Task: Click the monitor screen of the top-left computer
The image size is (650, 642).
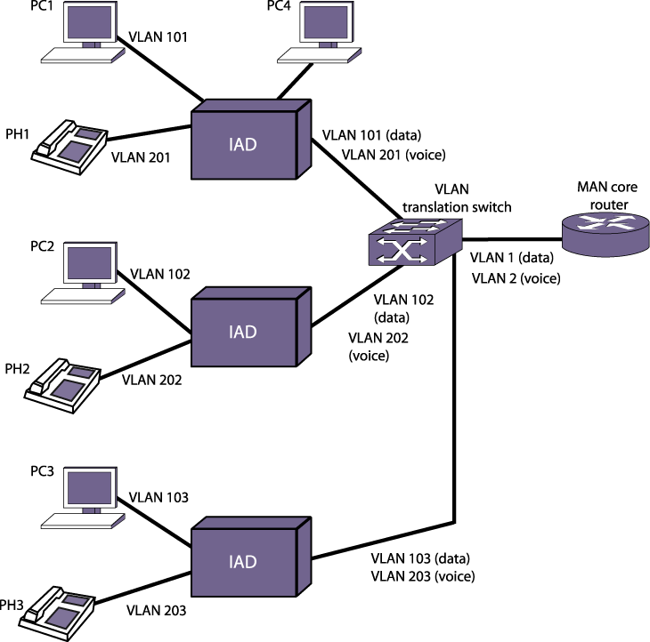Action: (x=90, y=21)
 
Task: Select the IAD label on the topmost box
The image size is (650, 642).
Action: (x=243, y=144)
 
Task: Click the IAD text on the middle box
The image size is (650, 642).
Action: (x=243, y=332)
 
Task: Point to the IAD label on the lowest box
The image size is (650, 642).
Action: (x=243, y=562)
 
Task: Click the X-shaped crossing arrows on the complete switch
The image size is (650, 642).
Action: (x=402, y=251)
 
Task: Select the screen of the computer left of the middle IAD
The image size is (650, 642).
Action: (x=90, y=262)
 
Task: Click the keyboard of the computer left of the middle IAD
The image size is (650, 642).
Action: (x=82, y=296)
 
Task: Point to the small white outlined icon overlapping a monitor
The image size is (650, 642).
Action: (x=73, y=406)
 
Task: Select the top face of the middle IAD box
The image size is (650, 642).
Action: (x=250, y=293)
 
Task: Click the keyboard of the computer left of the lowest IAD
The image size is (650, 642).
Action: (x=82, y=521)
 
